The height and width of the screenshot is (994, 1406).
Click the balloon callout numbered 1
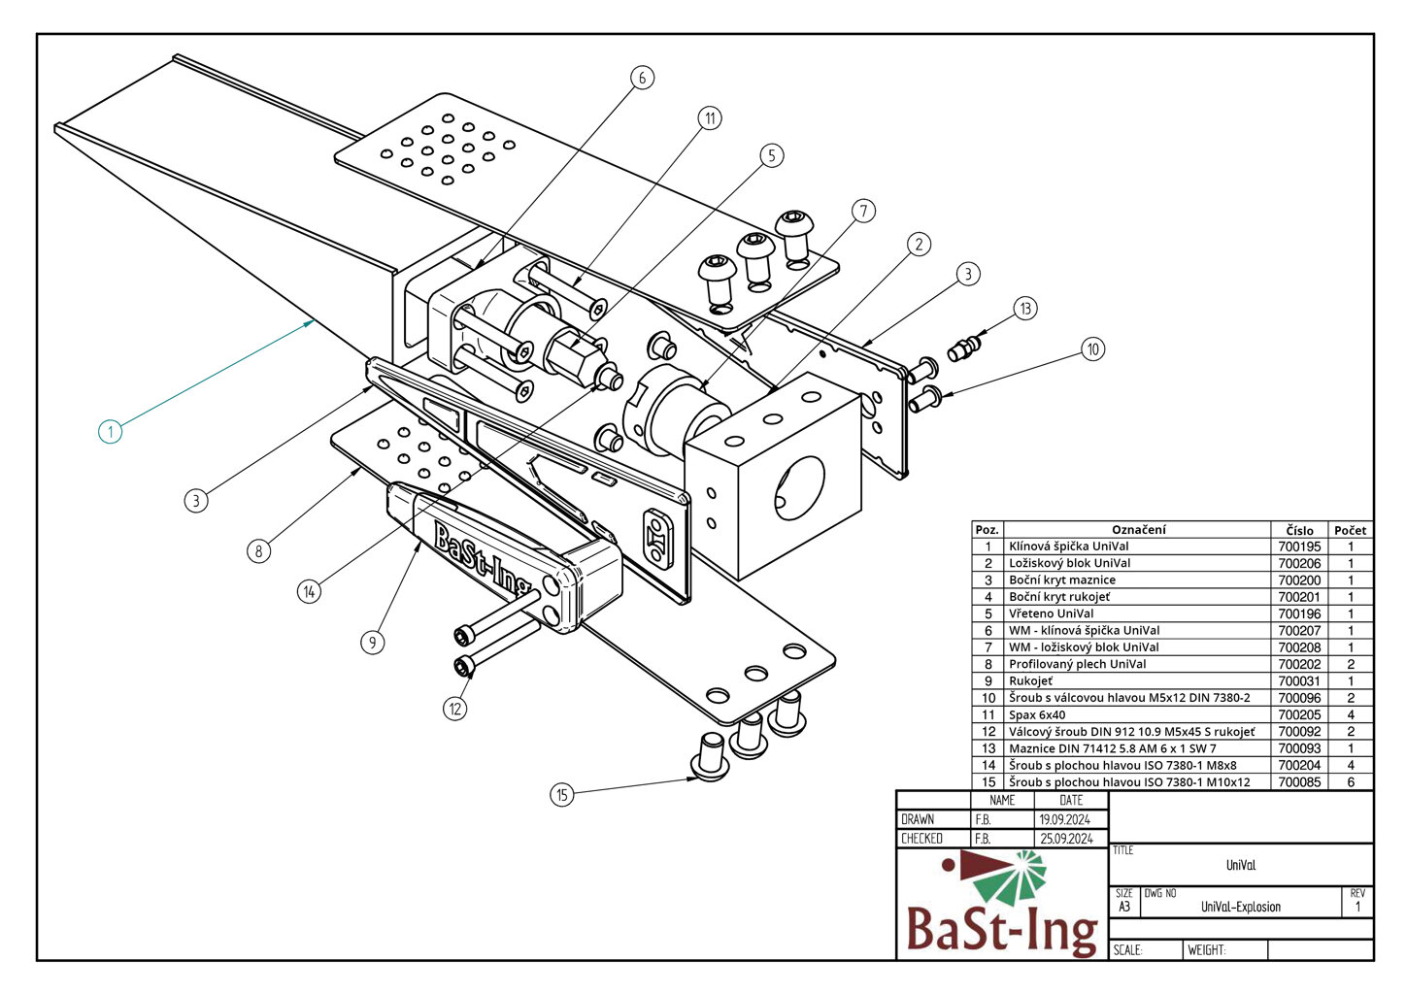pos(111,430)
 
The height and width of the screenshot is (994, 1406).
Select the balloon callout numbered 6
pos(641,78)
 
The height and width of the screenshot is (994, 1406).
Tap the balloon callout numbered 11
pos(710,118)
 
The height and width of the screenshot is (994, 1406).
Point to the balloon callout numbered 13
pos(1025,309)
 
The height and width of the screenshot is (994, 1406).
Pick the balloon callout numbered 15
pos(561,795)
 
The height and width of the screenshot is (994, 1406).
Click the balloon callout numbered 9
pos(372,642)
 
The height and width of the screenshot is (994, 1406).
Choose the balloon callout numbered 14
pos(309,591)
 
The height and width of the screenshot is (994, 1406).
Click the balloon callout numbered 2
pos(919,245)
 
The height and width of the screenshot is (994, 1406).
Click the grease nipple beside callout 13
pos(966,347)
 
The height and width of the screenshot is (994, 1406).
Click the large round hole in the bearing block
pos(800,485)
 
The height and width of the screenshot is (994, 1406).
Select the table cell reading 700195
pos(1299,547)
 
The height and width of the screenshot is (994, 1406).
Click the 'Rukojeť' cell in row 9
pos(1030,680)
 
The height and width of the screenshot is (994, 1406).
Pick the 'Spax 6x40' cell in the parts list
pos(1037,714)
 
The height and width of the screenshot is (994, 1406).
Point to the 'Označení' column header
pos(1138,530)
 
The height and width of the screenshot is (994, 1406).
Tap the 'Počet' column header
pos(1350,530)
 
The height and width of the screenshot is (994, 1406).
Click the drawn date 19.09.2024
pos(1065,819)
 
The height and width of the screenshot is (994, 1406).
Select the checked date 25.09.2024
pos(1066,839)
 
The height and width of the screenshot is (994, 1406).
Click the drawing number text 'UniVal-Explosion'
pos(1241,907)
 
